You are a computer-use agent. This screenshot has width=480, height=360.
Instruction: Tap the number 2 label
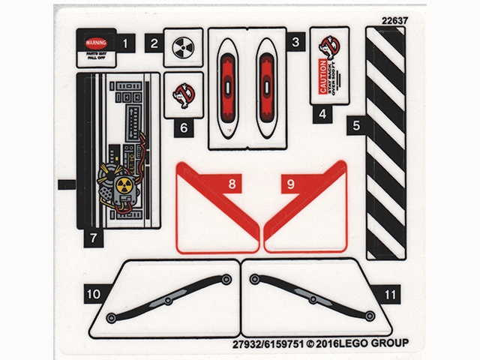154,43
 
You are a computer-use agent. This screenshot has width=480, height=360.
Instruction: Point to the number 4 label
323,115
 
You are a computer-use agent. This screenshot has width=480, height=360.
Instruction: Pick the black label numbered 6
183,127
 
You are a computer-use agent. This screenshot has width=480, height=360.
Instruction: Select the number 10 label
93,295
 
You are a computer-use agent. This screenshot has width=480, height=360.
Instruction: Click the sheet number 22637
394,20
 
